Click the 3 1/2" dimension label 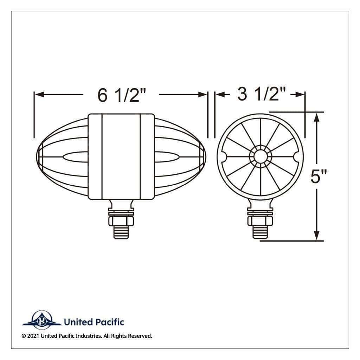tap(262, 94)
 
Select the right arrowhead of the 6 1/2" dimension tap(202, 94)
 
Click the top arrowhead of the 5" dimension tap(317, 117)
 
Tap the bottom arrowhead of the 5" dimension tap(317, 236)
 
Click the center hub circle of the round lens tap(260, 157)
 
